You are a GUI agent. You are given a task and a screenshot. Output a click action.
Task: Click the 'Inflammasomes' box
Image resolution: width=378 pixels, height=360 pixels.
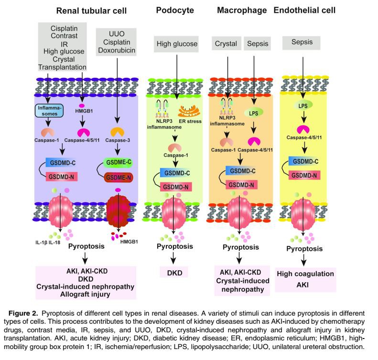tap(51, 111)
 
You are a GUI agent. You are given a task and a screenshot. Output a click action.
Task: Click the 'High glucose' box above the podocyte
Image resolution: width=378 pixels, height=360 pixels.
tap(176, 44)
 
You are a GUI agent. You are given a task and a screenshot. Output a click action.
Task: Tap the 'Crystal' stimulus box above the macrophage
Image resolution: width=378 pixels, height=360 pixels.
tap(226, 44)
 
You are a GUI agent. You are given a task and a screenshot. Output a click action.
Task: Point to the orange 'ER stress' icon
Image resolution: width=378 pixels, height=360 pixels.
tap(189, 112)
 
